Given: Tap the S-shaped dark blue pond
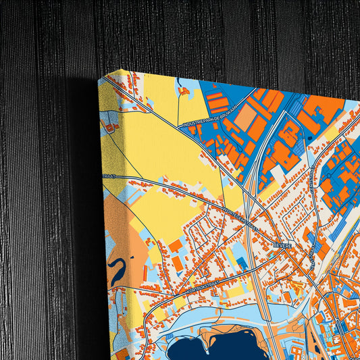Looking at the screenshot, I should [116, 270].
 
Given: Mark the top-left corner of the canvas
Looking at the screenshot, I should [99, 78].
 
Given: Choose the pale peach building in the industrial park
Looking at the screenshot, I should [245, 119].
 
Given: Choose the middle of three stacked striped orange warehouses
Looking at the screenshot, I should [217, 105].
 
